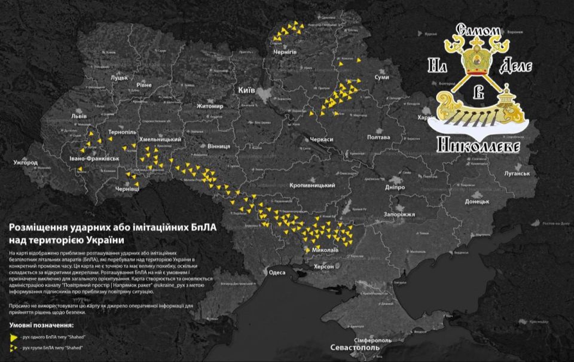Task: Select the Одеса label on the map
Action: click(277, 273)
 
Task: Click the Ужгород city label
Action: click(26, 162)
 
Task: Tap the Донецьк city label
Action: click(477, 202)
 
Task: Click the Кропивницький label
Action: click(312, 186)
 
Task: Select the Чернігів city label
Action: click(284, 53)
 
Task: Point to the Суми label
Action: click(381, 78)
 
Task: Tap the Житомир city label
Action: click(210, 107)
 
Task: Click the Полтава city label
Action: click(378, 137)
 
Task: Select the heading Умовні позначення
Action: click(41, 326)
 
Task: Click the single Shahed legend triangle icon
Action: click(13, 337)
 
